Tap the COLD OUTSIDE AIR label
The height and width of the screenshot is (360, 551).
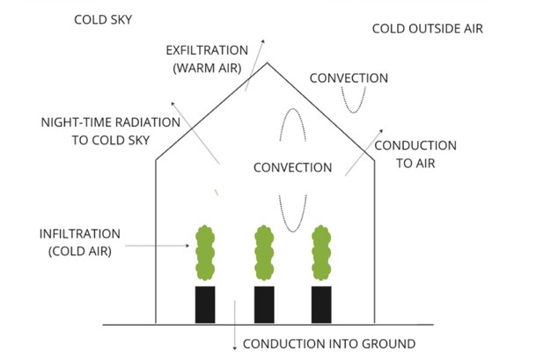(x=427, y=28)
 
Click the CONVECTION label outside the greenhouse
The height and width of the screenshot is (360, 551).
(x=349, y=77)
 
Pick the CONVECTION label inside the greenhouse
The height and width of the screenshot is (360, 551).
(x=292, y=166)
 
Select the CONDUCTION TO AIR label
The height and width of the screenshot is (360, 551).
(x=415, y=153)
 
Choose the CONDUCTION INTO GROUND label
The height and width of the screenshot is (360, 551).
(x=327, y=343)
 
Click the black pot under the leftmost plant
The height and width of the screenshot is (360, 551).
(x=205, y=304)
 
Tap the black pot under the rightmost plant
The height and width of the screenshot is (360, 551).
(x=321, y=304)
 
